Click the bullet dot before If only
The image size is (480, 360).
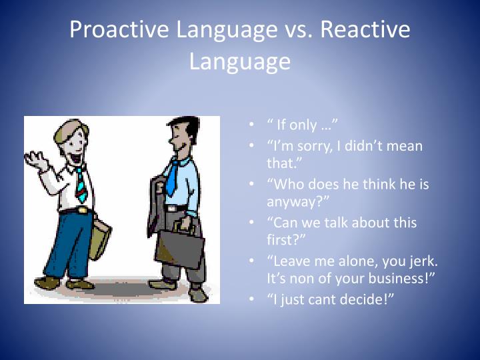tap(251, 125)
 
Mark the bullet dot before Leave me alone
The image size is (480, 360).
tap(251, 261)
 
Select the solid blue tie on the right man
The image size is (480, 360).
tap(173, 177)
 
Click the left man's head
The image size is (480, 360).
tap(70, 140)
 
